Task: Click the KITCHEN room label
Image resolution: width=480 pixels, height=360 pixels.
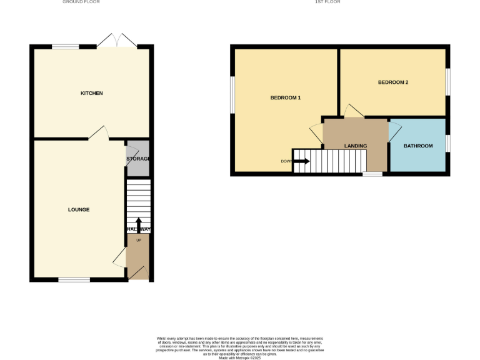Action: (x=91, y=93)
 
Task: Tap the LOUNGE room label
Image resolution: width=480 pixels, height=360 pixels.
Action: (x=79, y=209)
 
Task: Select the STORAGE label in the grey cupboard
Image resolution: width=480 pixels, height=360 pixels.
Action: (x=138, y=159)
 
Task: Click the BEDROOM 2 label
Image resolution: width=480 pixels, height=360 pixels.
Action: (x=393, y=82)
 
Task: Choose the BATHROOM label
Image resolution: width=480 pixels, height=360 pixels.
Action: (x=417, y=146)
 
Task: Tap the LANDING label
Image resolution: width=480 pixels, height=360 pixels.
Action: (x=356, y=146)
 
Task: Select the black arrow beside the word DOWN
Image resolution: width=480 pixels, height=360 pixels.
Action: (x=301, y=161)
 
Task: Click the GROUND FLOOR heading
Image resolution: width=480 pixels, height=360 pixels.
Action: (x=81, y=2)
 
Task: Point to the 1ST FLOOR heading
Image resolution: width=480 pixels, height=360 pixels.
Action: (x=327, y=2)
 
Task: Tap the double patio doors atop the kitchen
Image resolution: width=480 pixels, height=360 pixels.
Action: (x=116, y=41)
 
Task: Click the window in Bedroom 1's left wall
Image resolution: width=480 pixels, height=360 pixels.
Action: (x=232, y=96)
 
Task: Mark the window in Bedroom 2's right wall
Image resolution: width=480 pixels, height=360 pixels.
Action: (x=447, y=81)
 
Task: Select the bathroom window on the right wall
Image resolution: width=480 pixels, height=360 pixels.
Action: (x=447, y=144)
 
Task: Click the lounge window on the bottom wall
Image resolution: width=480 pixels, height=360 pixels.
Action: (x=74, y=279)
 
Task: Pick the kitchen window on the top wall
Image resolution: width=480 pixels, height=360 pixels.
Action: (x=66, y=46)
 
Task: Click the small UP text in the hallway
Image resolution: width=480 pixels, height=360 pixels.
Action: (x=138, y=240)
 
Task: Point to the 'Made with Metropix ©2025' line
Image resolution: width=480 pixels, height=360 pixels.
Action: (x=240, y=357)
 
